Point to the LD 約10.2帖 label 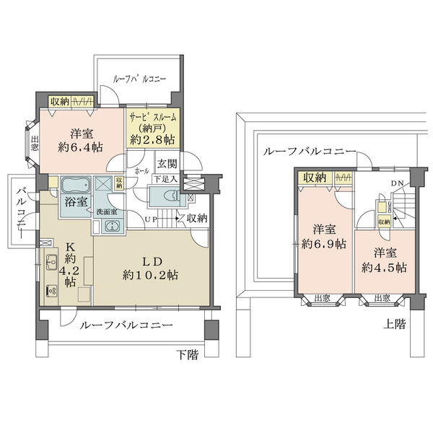point(150,267)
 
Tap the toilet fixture point(162,195)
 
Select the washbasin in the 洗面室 point(110,227)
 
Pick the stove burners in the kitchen point(52,290)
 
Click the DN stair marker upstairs point(397,183)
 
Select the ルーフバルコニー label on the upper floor point(310,152)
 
